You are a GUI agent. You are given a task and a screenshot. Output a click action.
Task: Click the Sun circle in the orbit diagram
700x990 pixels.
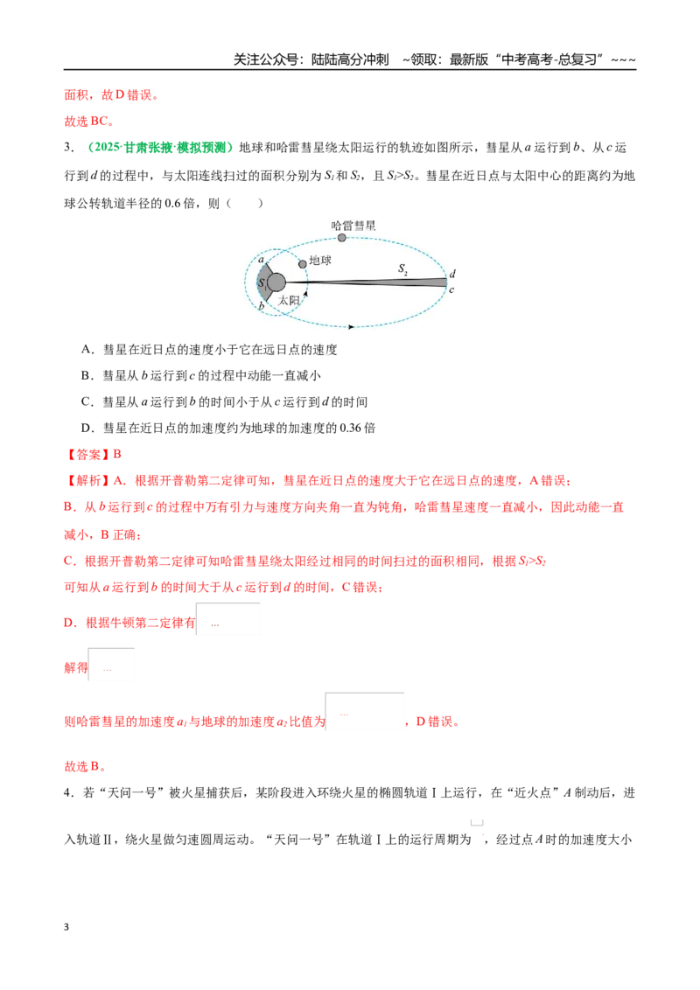pyautogui.click(x=276, y=282)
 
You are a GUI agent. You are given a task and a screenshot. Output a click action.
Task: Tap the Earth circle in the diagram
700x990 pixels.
pyautogui.click(x=303, y=264)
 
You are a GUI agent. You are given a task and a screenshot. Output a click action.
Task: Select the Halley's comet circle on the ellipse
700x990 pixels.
pyautogui.click(x=342, y=238)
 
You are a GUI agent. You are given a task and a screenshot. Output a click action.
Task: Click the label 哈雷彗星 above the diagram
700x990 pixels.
pyautogui.click(x=353, y=226)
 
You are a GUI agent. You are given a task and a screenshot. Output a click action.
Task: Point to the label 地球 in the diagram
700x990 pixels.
pyautogui.click(x=320, y=260)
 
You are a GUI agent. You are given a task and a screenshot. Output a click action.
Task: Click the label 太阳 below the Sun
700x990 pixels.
pyautogui.click(x=289, y=301)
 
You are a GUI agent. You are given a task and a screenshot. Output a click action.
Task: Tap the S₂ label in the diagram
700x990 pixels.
pyautogui.click(x=402, y=269)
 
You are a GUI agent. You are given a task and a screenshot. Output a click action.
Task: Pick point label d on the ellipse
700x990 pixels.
pyautogui.click(x=452, y=274)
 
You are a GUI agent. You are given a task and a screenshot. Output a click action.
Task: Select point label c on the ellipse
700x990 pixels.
pyautogui.click(x=451, y=289)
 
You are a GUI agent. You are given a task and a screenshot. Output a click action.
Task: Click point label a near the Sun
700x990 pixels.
pyautogui.click(x=262, y=260)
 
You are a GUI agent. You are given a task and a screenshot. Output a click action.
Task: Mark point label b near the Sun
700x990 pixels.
pyautogui.click(x=261, y=306)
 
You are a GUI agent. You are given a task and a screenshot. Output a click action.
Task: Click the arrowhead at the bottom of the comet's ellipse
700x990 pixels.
pyautogui.click(x=351, y=326)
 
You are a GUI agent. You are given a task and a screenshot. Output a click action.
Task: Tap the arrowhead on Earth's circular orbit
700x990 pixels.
pyautogui.click(x=305, y=294)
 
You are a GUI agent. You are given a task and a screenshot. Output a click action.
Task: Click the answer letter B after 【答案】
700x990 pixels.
pyautogui.click(x=117, y=454)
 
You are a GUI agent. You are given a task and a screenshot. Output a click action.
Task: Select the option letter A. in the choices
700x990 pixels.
pyautogui.click(x=87, y=349)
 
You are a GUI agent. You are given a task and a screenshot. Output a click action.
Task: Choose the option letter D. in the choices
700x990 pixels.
pyautogui.click(x=87, y=428)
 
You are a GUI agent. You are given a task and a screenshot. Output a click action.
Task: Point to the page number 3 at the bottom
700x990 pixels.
pyautogui.click(x=66, y=927)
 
